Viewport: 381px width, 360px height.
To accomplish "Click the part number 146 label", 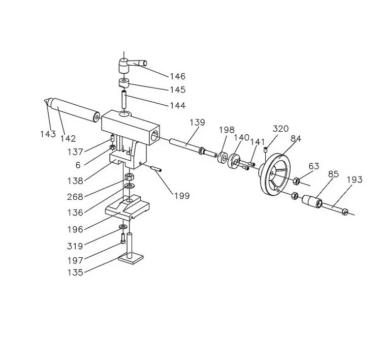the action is [x=177, y=76].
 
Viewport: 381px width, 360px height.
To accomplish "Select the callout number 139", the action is [x=197, y=122].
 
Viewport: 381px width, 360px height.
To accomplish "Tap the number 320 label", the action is [x=280, y=129].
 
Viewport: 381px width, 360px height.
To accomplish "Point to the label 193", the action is [x=354, y=180].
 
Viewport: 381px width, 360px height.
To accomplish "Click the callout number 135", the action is [x=75, y=273].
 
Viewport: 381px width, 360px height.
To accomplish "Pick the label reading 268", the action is [x=75, y=197].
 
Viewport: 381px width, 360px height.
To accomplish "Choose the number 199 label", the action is [x=182, y=196].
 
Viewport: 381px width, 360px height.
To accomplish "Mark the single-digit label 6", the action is [x=78, y=165].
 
